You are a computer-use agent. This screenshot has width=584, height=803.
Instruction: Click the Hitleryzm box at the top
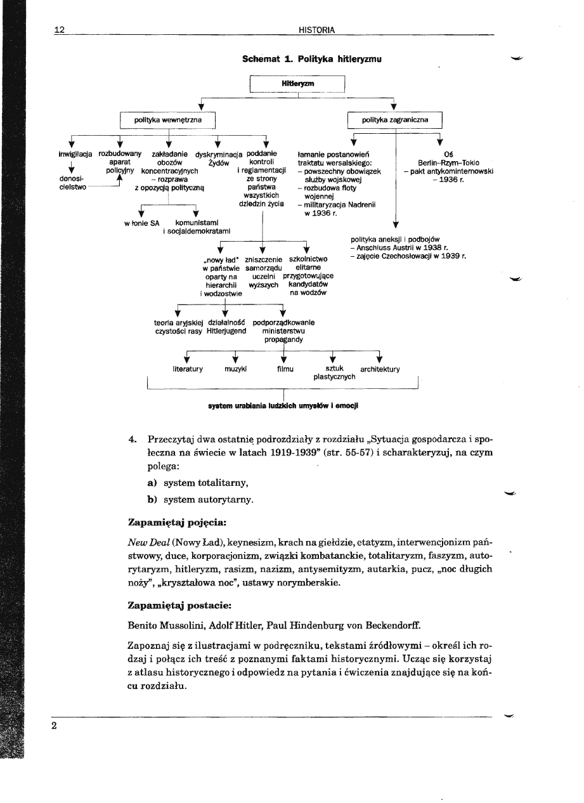coord(297,84)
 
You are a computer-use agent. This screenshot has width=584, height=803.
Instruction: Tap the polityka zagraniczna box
coord(394,119)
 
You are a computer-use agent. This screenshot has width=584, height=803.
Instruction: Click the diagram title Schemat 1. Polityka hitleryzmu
coord(312,58)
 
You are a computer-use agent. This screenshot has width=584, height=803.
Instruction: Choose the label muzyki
coord(235,369)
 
